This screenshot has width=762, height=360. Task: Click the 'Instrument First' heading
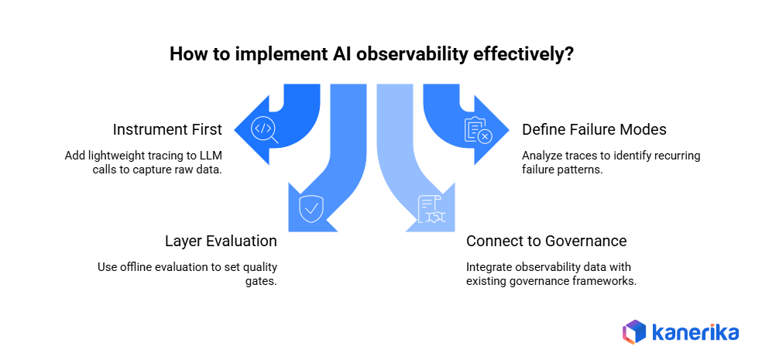168,129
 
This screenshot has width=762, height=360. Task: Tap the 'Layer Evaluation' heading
221,241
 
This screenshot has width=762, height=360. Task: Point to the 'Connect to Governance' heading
546,241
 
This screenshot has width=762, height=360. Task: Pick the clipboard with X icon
477,130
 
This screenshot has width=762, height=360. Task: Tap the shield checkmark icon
311,208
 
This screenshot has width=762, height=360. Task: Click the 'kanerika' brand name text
695,332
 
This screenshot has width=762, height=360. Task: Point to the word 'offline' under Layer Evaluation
140,267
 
